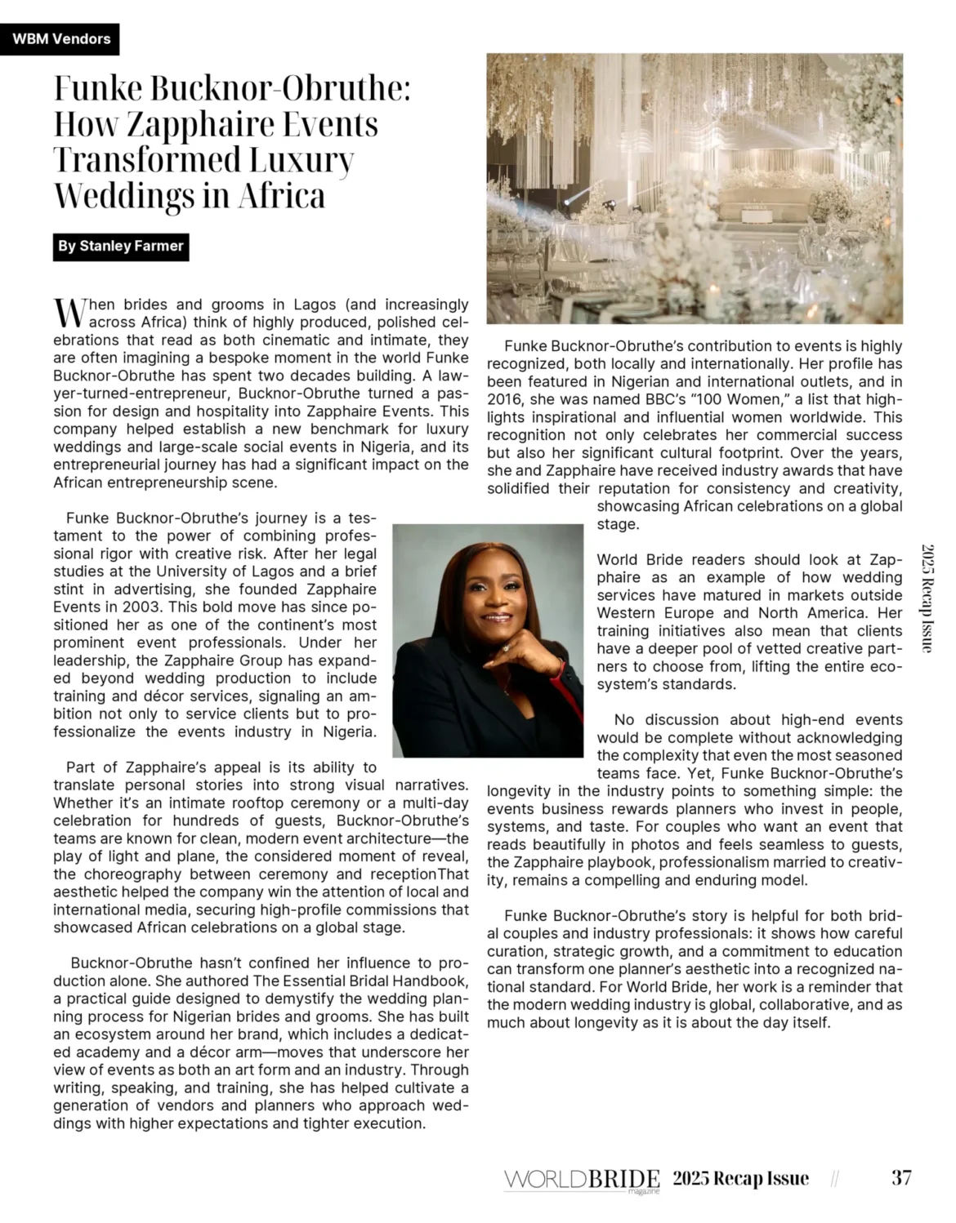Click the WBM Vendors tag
61,39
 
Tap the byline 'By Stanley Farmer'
121,247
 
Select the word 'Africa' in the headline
282,196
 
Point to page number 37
901,1178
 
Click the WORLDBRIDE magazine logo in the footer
581,1180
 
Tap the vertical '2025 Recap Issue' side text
927,598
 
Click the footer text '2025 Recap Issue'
740,1178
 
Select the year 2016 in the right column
504,399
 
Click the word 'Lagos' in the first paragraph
315,305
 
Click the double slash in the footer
834,1179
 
